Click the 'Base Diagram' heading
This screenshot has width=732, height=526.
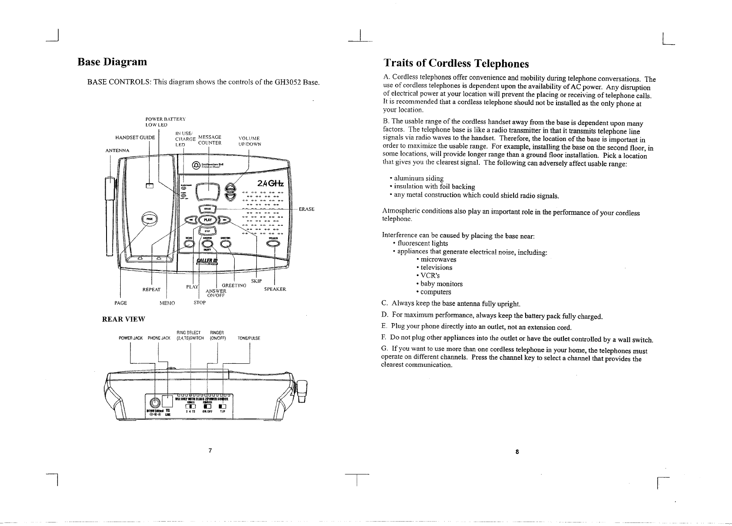pos(112,61)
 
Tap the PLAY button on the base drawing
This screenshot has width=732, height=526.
pos(207,220)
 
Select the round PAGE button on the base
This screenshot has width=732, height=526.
pos(149,219)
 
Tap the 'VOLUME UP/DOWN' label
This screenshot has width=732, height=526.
pos(249,141)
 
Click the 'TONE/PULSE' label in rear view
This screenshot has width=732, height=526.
pos(249,338)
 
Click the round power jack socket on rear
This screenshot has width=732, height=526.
pos(155,402)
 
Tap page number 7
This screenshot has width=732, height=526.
pos(210,450)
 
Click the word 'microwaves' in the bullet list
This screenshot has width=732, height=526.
pos(438,259)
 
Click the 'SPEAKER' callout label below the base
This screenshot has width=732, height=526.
pos(275,289)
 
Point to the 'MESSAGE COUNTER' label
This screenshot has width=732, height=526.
pos(210,140)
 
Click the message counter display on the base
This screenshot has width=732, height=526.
pos(207,191)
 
